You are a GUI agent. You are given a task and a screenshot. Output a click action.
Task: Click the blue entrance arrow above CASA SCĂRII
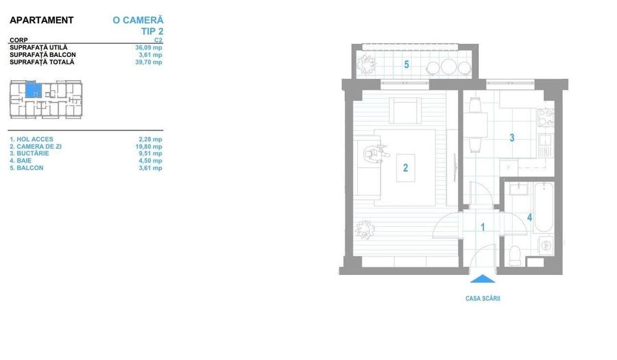click(x=483, y=279)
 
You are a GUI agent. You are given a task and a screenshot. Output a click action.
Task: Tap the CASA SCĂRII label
click(x=483, y=298)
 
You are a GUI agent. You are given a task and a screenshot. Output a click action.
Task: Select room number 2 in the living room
click(x=405, y=168)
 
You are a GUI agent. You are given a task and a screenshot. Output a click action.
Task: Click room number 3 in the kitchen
click(x=512, y=138)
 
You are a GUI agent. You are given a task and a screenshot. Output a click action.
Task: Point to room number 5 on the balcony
click(x=407, y=64)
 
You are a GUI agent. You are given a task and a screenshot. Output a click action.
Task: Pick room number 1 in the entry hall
click(x=483, y=227)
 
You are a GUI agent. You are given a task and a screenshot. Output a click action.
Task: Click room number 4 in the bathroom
click(x=530, y=217)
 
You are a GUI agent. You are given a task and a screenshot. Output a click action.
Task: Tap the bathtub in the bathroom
click(x=544, y=207)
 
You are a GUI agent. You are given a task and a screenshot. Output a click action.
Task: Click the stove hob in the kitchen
click(x=546, y=118)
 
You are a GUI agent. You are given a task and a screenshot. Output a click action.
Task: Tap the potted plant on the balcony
click(x=367, y=64)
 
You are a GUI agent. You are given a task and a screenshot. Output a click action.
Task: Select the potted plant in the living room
click(x=365, y=230)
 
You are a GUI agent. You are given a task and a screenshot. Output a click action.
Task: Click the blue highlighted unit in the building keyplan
click(x=33, y=90)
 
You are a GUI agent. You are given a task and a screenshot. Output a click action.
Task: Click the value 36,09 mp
click(x=149, y=47)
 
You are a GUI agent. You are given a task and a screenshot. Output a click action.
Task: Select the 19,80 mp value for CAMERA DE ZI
click(x=149, y=146)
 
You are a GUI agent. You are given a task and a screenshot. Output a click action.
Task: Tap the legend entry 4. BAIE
click(x=21, y=160)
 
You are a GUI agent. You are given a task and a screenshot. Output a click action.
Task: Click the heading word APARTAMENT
click(x=42, y=20)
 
